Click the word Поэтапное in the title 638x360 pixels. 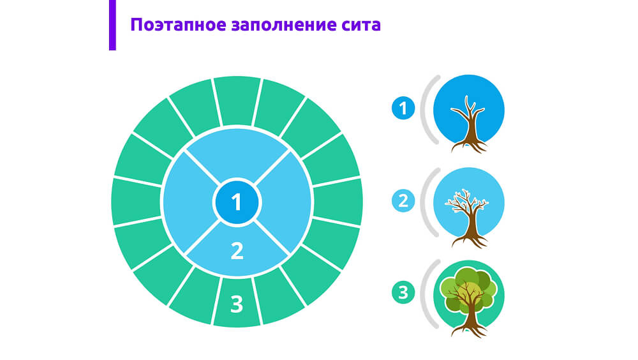[178, 25]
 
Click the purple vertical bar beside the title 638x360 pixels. [112, 25]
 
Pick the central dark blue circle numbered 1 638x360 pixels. [237, 202]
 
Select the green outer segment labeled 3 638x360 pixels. [237, 302]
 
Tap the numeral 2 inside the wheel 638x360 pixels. [237, 251]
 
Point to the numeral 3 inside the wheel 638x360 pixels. [237, 304]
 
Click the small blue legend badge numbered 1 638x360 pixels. [403, 109]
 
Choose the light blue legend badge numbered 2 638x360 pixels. [403, 201]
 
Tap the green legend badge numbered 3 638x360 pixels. [403, 292]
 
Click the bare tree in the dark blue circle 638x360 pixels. [468, 124]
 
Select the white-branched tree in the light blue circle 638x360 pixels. [468, 218]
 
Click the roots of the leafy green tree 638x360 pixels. [470, 329]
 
